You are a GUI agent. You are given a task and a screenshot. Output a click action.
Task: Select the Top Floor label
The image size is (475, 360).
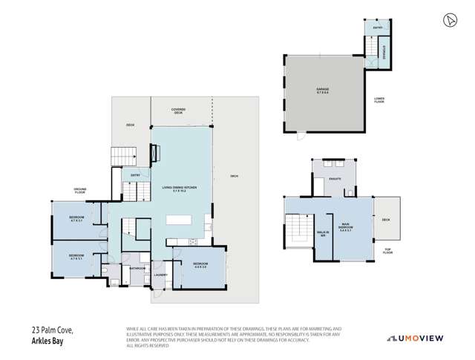pyautogui.click(x=386, y=252)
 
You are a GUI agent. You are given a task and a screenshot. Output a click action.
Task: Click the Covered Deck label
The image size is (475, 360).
pyautogui.click(x=178, y=111)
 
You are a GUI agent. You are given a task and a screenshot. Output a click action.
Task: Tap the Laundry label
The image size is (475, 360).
pyautogui.click(x=160, y=275)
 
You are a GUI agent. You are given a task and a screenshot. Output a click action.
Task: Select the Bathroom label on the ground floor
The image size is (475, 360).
pyautogui.click(x=137, y=269)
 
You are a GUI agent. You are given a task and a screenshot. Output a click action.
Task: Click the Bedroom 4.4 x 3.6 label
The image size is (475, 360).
pyautogui.click(x=200, y=266)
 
